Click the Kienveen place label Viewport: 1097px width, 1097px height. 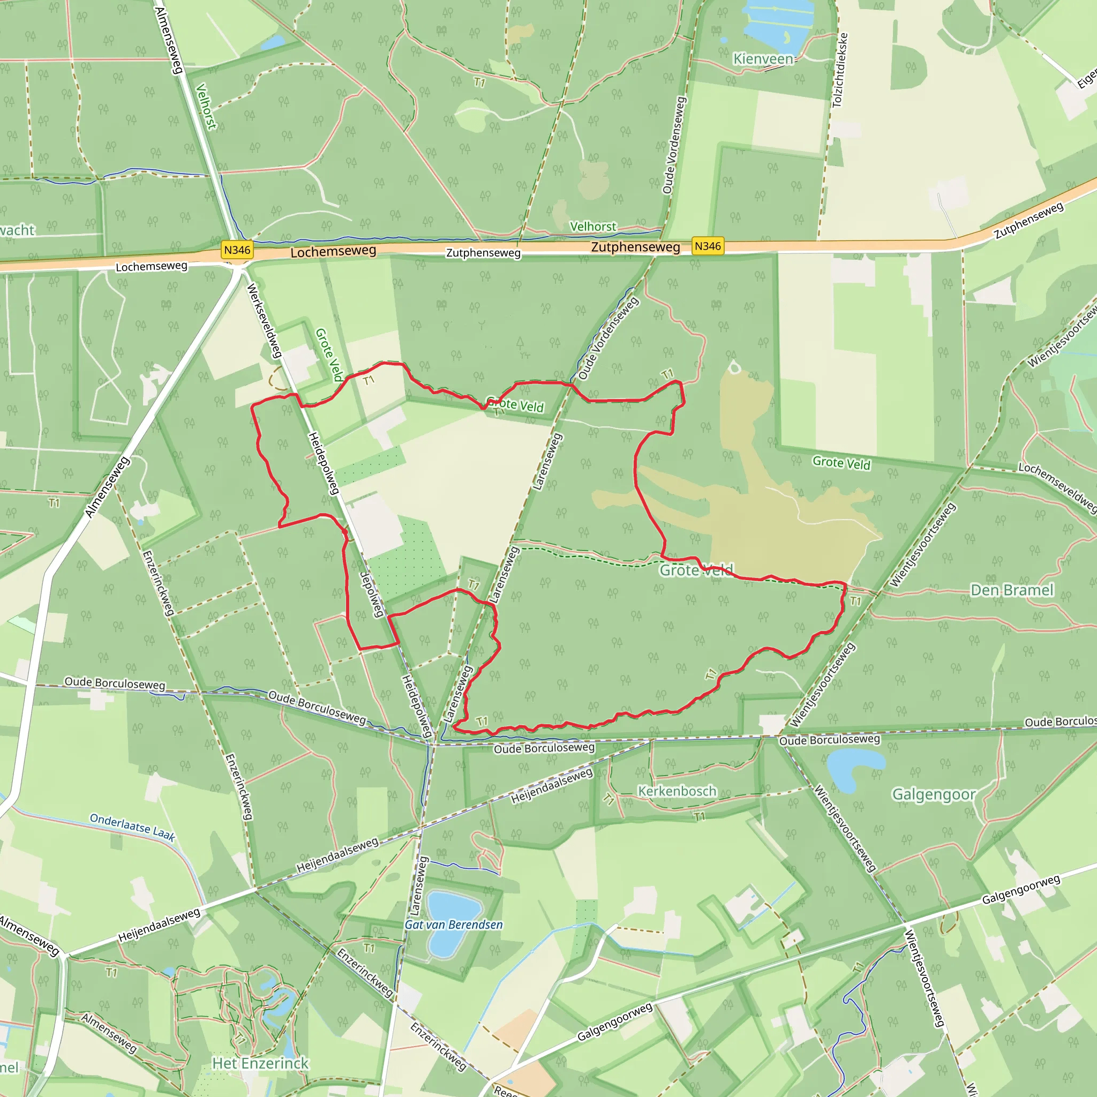coord(763,59)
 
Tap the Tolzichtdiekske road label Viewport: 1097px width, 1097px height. coord(840,70)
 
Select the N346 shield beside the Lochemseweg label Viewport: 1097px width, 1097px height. coord(237,250)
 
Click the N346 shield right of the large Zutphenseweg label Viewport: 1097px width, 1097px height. coord(708,246)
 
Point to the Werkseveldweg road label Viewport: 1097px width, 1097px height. coord(264,321)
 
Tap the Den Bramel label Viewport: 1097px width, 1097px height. coord(1012,590)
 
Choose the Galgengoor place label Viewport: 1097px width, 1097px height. coord(934,794)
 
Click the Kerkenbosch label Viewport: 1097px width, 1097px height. coord(677,791)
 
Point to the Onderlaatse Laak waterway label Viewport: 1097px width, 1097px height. coord(132,826)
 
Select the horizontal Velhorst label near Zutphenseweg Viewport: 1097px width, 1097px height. coord(593,227)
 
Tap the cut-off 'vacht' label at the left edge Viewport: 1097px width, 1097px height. coord(17,230)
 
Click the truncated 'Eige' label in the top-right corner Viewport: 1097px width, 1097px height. coord(1086,78)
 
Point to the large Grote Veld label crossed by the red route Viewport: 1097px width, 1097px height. coord(696,569)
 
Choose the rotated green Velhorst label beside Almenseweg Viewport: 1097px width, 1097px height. coord(206,106)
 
